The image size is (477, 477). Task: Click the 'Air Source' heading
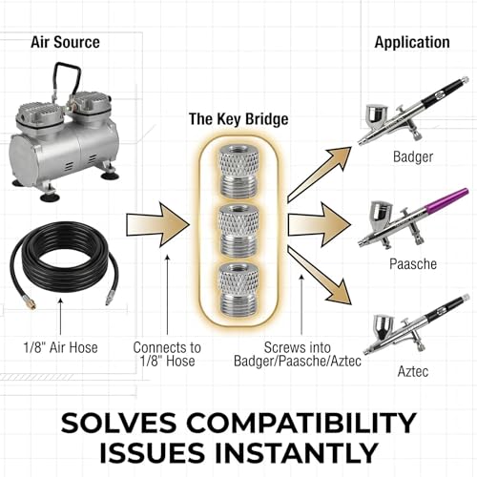(x=65, y=42)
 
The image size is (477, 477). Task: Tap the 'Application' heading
(x=412, y=43)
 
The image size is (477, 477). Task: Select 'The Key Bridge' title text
(x=238, y=119)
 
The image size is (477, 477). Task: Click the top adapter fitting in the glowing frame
(x=238, y=171)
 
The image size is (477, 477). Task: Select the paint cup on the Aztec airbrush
(x=384, y=327)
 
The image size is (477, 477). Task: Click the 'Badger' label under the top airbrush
(x=413, y=157)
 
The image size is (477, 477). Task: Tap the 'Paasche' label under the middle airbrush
(x=413, y=264)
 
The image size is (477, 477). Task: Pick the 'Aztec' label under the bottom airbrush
(x=413, y=371)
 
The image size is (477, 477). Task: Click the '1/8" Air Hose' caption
(x=60, y=347)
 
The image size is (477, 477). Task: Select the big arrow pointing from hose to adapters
(x=157, y=225)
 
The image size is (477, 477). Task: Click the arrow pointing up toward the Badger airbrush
(x=320, y=175)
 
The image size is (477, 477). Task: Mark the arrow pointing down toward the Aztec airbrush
(x=320, y=276)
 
